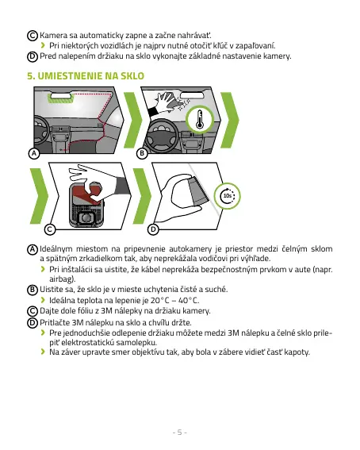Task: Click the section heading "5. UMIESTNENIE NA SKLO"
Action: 86,76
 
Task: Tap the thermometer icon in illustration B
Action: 200,119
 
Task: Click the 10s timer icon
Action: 228,196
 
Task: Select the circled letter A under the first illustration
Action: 34,153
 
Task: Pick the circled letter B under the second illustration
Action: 142,153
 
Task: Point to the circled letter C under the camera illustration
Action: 50,229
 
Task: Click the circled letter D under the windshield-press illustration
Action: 153,229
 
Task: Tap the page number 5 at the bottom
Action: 180,433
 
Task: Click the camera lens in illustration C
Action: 86,218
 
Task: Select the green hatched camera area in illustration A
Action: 60,98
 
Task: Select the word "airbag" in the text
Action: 61,279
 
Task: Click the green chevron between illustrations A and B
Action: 133,120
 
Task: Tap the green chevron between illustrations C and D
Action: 142,196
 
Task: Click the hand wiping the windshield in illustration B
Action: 167,102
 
